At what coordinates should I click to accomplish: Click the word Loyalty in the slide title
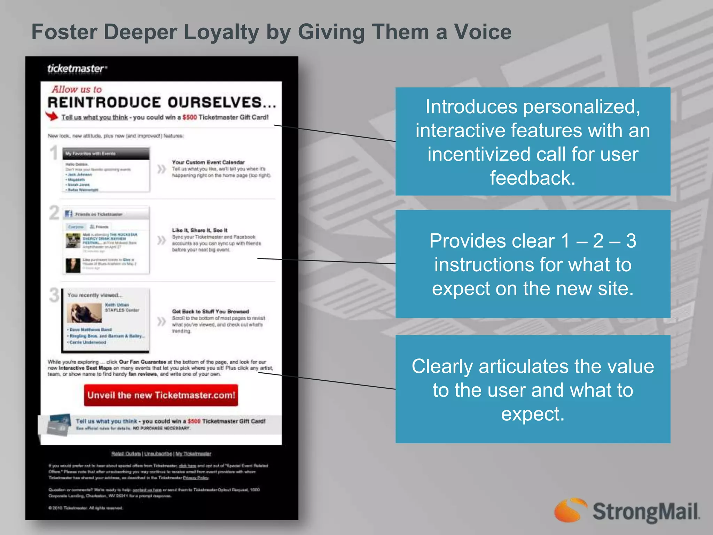click(x=221, y=32)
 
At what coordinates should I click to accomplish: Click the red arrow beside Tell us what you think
click(x=52, y=116)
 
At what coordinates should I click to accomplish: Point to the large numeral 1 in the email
click(x=54, y=153)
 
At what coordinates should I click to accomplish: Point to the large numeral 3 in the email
click(x=54, y=295)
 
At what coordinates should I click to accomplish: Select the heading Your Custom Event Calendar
click(x=208, y=162)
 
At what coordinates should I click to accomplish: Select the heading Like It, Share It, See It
click(x=199, y=230)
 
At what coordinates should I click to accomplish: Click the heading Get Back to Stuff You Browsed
click(x=210, y=311)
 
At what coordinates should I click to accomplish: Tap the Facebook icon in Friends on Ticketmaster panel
click(x=69, y=214)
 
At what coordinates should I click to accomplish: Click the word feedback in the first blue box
click(x=532, y=178)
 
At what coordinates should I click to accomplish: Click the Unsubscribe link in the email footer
click(x=158, y=453)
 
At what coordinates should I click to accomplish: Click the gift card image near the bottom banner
click(x=58, y=424)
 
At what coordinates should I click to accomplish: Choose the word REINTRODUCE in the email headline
click(x=104, y=102)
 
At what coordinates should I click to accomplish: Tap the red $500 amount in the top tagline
click(x=190, y=117)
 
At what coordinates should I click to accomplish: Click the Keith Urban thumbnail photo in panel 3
click(x=84, y=312)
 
